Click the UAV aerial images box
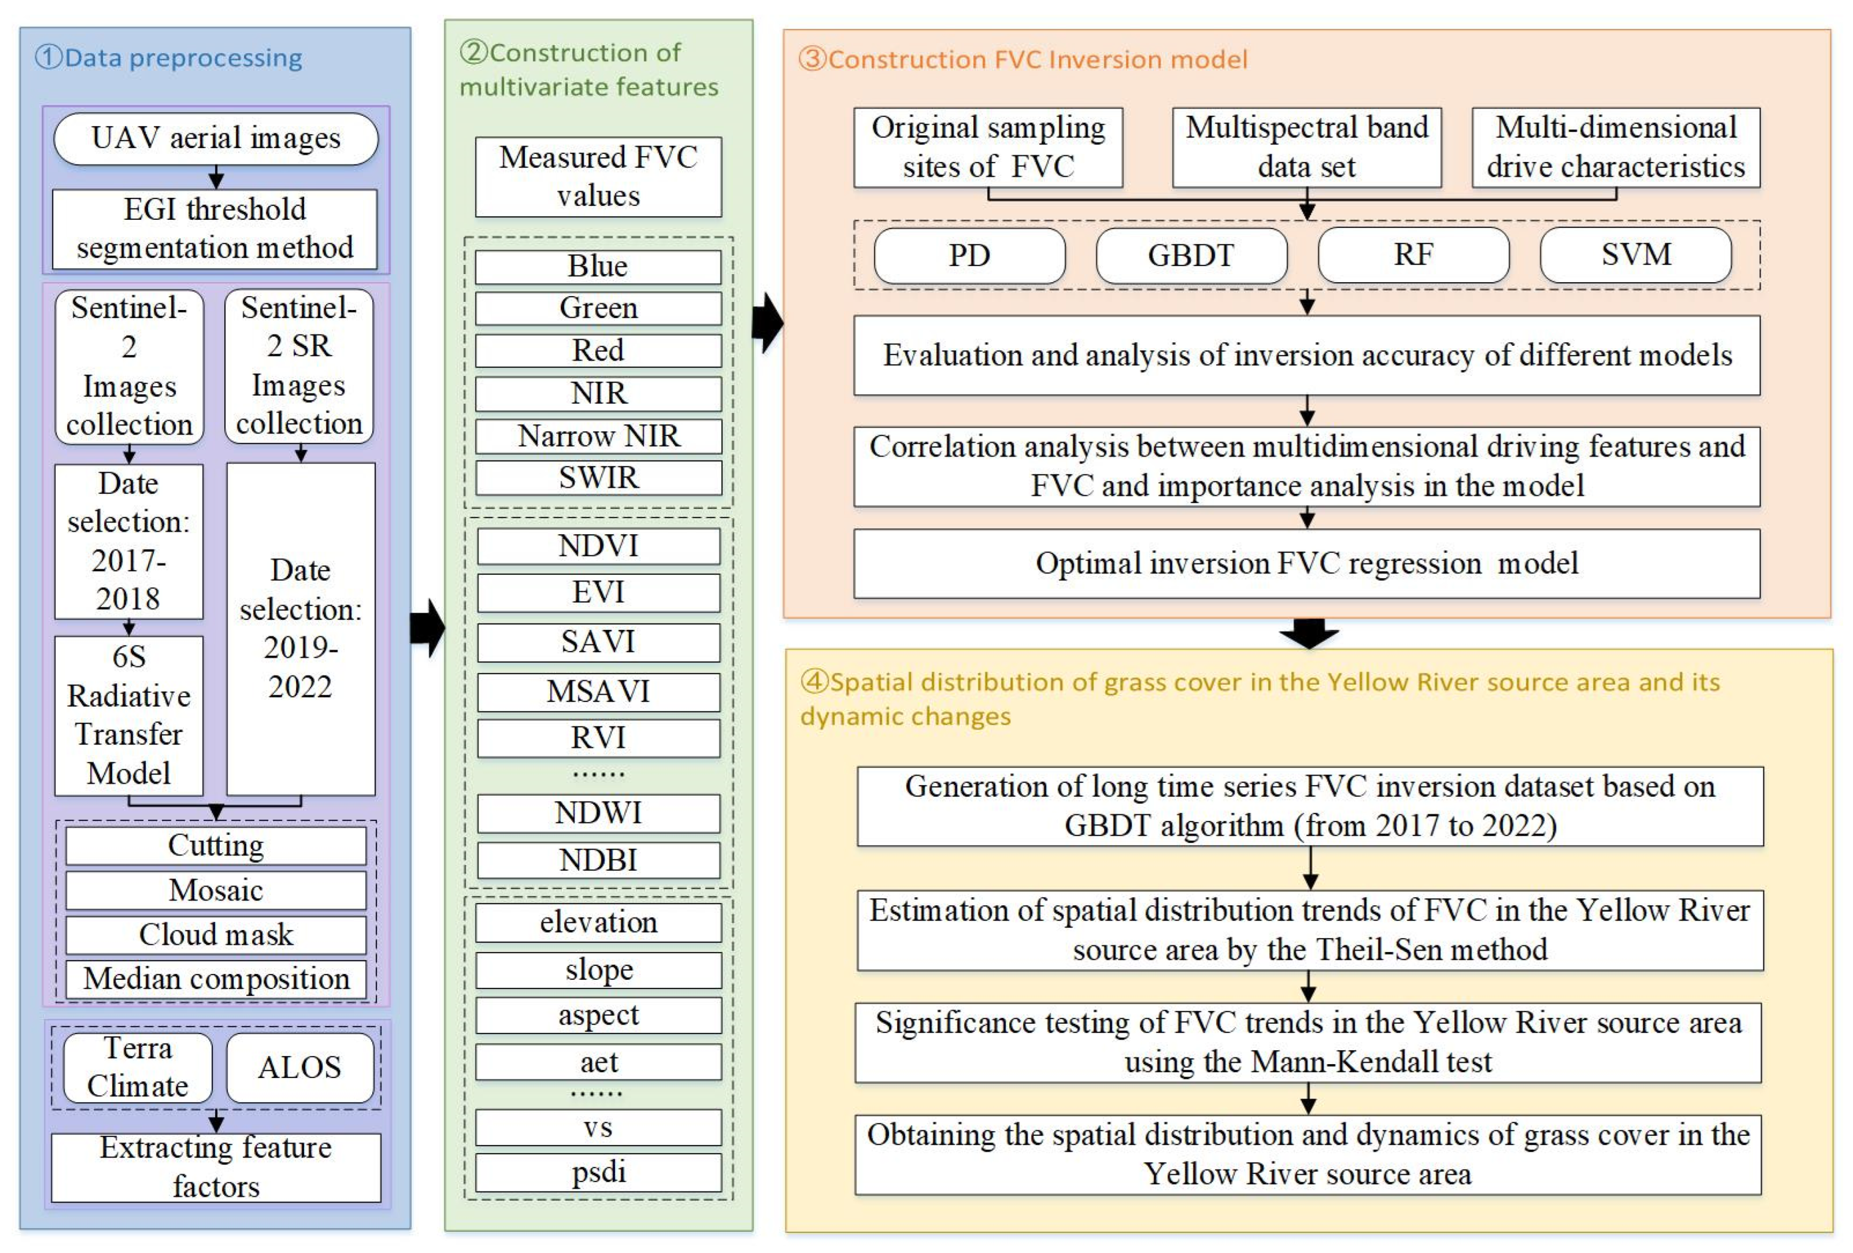tap(215, 139)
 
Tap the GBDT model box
tap(1191, 255)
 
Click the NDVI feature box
tap(598, 546)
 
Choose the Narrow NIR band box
tap(598, 436)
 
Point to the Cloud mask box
tap(215, 935)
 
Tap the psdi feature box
tap(598, 1172)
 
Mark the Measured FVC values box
tap(598, 176)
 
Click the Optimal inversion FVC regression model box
tap(1306, 563)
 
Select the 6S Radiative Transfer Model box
tap(129, 715)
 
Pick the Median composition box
tap(215, 979)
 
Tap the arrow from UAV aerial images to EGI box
tap(215, 177)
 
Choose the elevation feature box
tap(598, 923)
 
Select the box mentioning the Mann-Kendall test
tap(1308, 1043)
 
